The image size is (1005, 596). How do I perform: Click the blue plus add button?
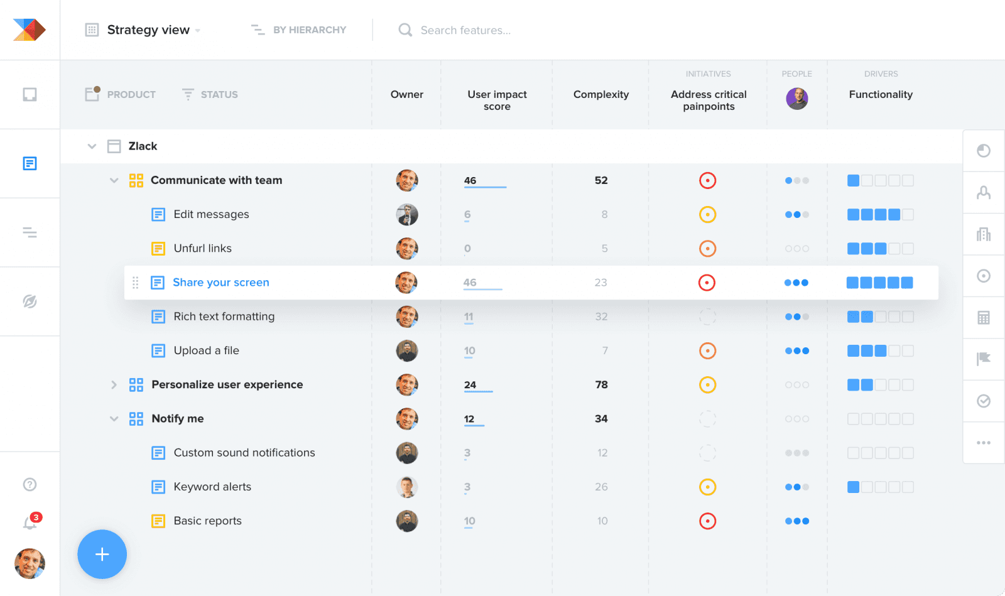point(102,554)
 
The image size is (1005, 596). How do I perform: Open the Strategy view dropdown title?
point(149,30)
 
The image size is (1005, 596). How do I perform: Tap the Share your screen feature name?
point(220,283)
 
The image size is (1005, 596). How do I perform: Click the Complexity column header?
point(600,94)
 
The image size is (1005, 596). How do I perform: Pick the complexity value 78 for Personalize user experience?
point(601,384)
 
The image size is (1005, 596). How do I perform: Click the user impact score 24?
point(470,384)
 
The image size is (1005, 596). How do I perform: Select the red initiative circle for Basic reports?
point(707,521)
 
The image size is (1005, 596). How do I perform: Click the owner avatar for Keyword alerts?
point(407,487)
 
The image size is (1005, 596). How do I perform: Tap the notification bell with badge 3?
point(30,522)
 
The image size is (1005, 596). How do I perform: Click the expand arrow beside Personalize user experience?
point(114,384)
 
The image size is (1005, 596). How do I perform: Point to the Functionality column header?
point(881,94)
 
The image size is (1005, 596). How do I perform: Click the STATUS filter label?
point(219,94)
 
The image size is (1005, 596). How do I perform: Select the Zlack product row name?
point(143,146)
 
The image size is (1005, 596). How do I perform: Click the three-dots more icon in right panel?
point(984,443)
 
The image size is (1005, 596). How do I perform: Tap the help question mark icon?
point(30,484)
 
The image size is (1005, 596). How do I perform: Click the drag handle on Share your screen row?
point(135,283)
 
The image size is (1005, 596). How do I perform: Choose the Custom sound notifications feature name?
point(244,453)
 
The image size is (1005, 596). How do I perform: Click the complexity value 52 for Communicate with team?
point(601,180)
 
